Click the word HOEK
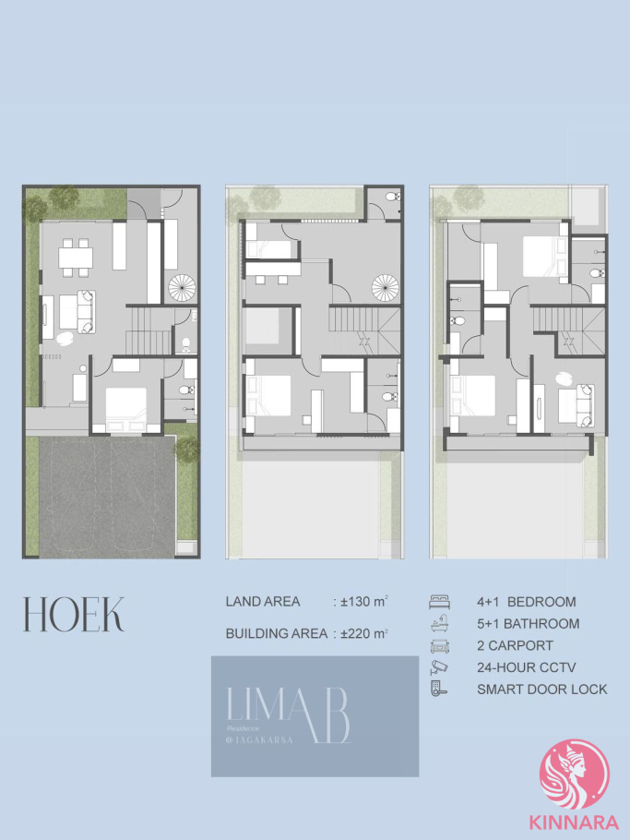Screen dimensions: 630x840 pos(74,614)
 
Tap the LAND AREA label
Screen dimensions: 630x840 pos(263,602)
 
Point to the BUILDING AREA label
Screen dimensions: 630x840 pos(276,634)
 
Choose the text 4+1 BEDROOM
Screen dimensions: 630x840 pos(526,602)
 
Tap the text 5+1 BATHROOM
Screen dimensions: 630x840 pos(528,624)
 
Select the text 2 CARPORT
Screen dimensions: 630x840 pos(515,645)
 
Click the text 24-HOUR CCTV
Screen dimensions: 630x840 pos(526,667)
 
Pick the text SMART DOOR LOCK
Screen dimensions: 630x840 pos(542,690)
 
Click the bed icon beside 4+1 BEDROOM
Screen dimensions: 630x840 pos(439,602)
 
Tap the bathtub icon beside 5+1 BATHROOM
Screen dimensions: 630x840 pos(439,624)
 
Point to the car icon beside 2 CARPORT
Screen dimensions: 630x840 pos(439,646)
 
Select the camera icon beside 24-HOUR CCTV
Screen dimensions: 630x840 pos(439,667)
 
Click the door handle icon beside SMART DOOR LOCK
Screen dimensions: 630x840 pos(439,689)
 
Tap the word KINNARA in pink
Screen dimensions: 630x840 pos(574,822)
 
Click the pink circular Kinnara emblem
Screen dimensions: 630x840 pos(575,774)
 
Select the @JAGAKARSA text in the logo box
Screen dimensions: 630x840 pos(259,740)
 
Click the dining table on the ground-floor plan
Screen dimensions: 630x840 pos(76,258)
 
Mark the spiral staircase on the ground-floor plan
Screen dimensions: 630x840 pos(182,287)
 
